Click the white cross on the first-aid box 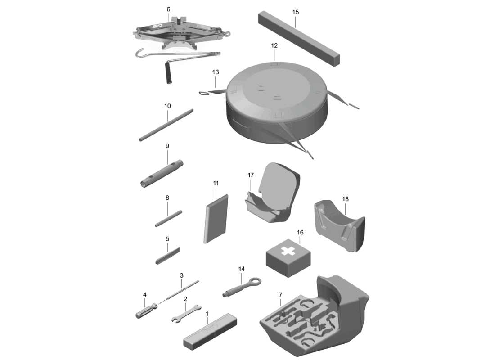tap(287, 252)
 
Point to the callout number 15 tap(295, 12)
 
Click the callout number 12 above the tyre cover tap(274, 46)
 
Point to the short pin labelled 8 tap(168, 219)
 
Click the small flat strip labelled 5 tap(167, 256)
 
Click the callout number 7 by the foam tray tap(280, 295)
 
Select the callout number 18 tap(345, 199)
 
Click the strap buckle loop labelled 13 tap(204, 93)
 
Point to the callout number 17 tap(251, 175)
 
